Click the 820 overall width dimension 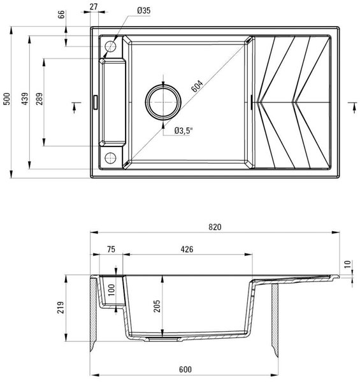click(215, 227)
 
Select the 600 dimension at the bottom click(185, 369)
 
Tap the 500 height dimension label click(7, 99)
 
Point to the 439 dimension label click(25, 99)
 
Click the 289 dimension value click(40, 99)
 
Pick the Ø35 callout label click(144, 10)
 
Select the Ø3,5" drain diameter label click(184, 131)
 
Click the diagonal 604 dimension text click(197, 86)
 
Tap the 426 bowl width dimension click(187, 249)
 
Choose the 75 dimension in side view click(111, 249)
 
